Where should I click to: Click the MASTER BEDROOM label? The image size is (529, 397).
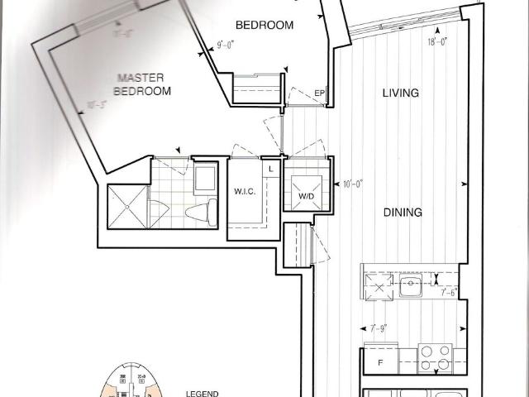[143, 84]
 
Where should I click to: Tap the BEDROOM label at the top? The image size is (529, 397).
[264, 25]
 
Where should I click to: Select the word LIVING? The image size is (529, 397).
[400, 93]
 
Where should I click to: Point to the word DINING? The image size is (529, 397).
[403, 213]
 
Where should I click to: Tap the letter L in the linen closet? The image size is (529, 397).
[270, 169]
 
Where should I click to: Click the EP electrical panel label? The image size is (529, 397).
[319, 93]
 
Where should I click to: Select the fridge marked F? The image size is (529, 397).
[379, 362]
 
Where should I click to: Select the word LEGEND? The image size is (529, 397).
[202, 395]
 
